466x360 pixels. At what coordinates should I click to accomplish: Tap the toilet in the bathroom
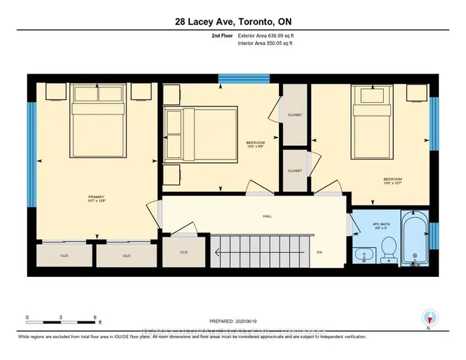click(x=387, y=248)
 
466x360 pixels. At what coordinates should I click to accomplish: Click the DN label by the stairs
click(x=319, y=252)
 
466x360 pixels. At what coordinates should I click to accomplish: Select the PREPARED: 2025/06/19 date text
click(x=232, y=321)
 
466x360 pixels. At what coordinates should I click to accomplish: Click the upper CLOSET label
click(x=294, y=115)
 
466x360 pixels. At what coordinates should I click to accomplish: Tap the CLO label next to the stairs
click(x=183, y=252)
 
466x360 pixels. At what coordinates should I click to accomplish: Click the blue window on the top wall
click(x=239, y=79)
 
